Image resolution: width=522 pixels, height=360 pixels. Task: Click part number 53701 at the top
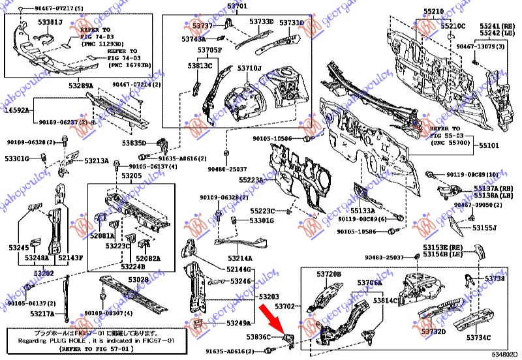click(238, 7)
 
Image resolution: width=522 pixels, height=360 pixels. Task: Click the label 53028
click(138, 280)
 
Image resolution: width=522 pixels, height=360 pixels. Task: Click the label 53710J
click(249, 68)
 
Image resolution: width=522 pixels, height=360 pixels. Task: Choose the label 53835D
click(119, 143)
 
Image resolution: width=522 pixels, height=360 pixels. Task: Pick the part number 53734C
click(480, 338)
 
